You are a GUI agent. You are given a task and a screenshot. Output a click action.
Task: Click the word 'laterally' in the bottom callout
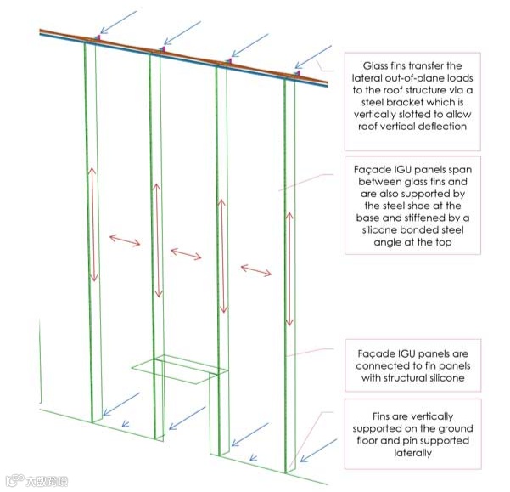coord(411,454)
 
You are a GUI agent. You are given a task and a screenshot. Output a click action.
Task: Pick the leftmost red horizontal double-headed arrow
coord(124,240)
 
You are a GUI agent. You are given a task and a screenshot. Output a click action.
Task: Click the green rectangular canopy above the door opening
coord(178,369)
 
